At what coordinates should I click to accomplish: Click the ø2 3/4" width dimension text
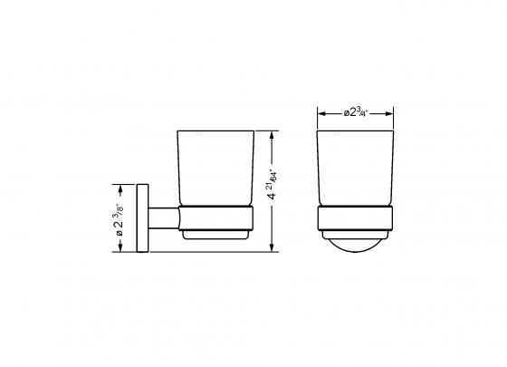pos(354,113)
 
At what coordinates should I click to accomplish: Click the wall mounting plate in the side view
pos(142,218)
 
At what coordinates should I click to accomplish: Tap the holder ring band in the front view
pos(354,219)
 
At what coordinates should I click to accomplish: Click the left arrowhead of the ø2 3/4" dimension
pos(319,113)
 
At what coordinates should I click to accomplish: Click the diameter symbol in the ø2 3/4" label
pos(346,113)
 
